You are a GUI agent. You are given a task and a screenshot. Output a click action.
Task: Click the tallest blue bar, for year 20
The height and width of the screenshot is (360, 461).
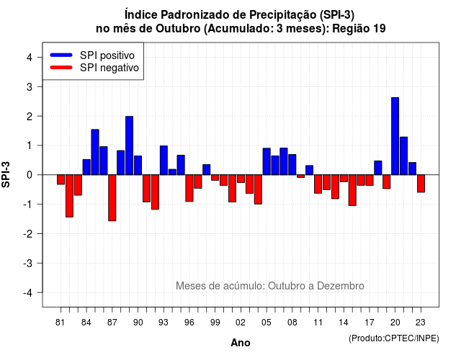point(395,136)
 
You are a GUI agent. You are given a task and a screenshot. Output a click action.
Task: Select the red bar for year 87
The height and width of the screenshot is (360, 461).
point(112,198)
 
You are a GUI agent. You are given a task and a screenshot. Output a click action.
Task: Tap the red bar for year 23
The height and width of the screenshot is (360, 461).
point(421,184)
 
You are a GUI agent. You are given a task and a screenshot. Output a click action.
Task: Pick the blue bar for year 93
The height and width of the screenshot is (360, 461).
point(164,160)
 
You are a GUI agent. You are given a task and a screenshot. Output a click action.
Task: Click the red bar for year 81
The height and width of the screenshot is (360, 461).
point(61,179)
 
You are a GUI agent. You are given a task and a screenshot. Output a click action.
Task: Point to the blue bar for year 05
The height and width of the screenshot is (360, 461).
point(267,161)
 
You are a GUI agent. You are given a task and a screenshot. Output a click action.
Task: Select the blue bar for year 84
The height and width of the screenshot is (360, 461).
point(86,167)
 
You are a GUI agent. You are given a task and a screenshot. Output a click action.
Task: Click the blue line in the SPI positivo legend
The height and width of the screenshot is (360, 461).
point(61,55)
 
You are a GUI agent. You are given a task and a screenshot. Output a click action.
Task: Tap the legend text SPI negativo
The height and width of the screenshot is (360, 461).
point(109,68)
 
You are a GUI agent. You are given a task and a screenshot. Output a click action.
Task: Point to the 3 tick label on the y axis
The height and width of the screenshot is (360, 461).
point(29,86)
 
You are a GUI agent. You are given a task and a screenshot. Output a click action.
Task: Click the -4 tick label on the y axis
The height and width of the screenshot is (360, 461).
point(27,292)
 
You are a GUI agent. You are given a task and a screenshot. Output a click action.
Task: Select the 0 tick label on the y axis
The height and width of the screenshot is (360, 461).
point(29,175)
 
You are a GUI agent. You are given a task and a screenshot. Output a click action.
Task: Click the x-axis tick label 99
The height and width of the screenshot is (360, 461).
point(215,323)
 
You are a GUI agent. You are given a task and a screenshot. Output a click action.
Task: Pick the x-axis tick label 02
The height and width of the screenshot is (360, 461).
point(241,323)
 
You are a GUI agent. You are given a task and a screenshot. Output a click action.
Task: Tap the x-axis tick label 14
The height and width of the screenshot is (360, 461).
point(344,323)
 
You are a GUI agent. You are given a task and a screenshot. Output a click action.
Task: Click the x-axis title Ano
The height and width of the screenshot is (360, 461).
point(241,343)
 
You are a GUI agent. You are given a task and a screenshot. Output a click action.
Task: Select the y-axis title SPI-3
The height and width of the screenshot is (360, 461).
point(6,174)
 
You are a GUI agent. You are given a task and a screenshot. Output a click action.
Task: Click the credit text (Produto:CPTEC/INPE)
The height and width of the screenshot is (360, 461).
point(394,338)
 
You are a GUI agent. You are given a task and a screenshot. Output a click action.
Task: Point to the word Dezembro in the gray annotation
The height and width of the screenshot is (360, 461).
point(341,286)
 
